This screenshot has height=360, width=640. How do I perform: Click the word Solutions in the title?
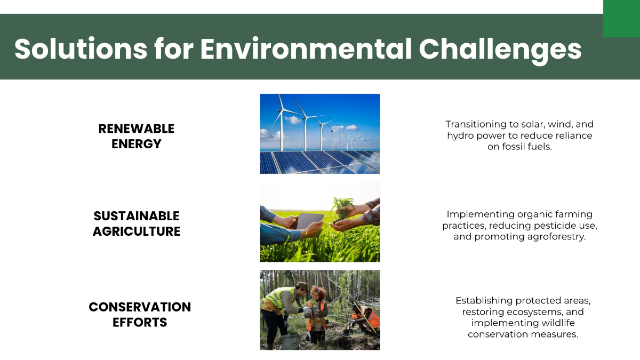(x=80, y=50)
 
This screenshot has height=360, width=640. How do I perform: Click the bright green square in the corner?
(x=621, y=19)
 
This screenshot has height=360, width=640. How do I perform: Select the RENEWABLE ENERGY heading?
(x=137, y=136)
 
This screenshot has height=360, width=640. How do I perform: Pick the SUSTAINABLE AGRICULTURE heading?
(x=137, y=223)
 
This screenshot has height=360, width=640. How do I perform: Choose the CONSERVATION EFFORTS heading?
(x=140, y=315)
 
